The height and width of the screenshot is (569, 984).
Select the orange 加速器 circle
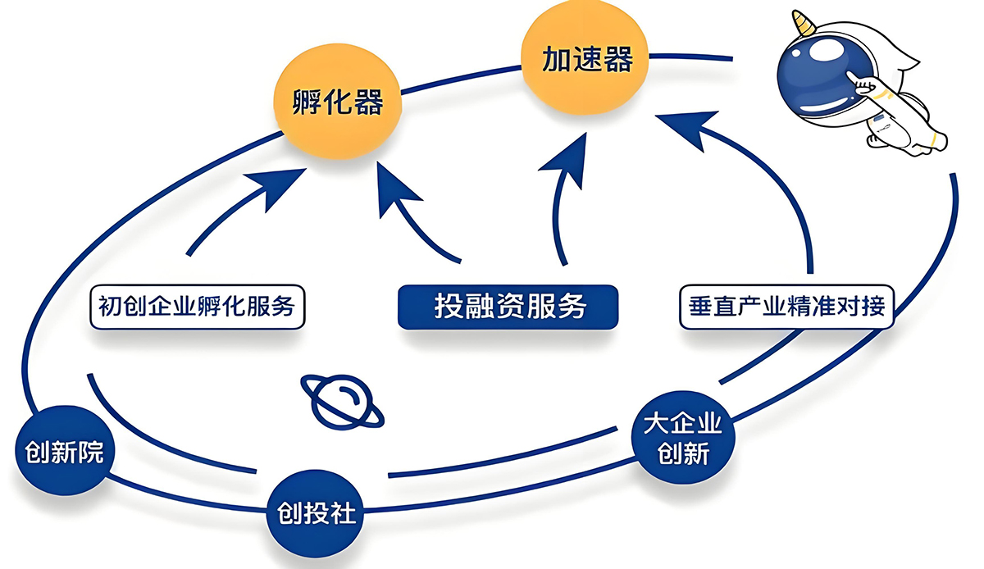[585, 60]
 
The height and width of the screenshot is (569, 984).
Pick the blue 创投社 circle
[312, 514]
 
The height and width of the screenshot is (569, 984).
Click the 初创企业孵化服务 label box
[196, 307]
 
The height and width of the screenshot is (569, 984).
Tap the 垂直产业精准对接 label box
[786, 307]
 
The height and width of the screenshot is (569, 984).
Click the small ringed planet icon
[341, 401]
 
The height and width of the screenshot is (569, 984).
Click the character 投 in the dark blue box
[449, 307]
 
